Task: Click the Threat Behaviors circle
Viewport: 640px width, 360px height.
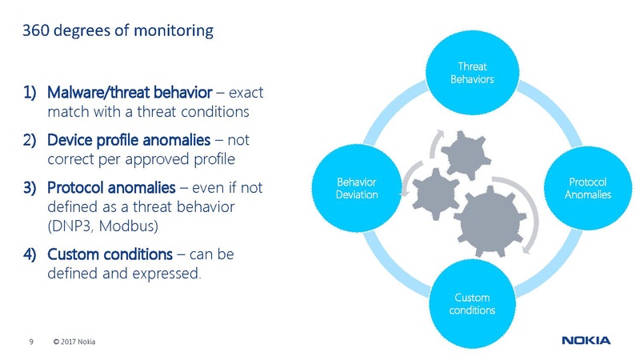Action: coord(471,74)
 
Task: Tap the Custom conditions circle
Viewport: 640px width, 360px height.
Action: coord(471,304)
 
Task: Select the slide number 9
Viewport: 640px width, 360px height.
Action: coord(31,343)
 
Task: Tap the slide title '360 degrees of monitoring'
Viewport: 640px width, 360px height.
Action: coord(118,32)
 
